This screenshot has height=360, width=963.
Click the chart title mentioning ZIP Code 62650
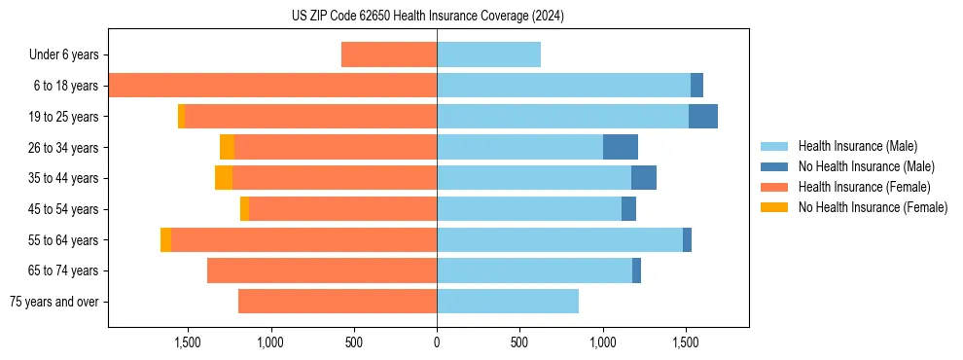(428, 17)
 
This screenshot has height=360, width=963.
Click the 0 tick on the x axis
(437, 342)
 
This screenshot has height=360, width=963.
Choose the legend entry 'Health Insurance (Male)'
(857, 146)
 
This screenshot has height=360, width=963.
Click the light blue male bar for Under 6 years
(488, 54)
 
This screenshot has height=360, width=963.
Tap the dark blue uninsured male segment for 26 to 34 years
(621, 147)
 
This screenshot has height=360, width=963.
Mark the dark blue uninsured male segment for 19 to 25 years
(703, 116)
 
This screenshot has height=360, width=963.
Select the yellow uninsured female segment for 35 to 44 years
(224, 178)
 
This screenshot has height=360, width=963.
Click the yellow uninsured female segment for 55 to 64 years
(165, 239)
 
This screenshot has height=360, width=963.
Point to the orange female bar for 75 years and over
(338, 302)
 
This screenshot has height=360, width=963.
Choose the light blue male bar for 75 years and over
(508, 302)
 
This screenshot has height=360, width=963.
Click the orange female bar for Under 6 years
(389, 54)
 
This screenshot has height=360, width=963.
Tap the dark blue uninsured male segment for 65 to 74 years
(636, 270)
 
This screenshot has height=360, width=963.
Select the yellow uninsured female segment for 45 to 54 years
(244, 208)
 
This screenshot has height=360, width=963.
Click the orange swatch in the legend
(775, 187)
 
